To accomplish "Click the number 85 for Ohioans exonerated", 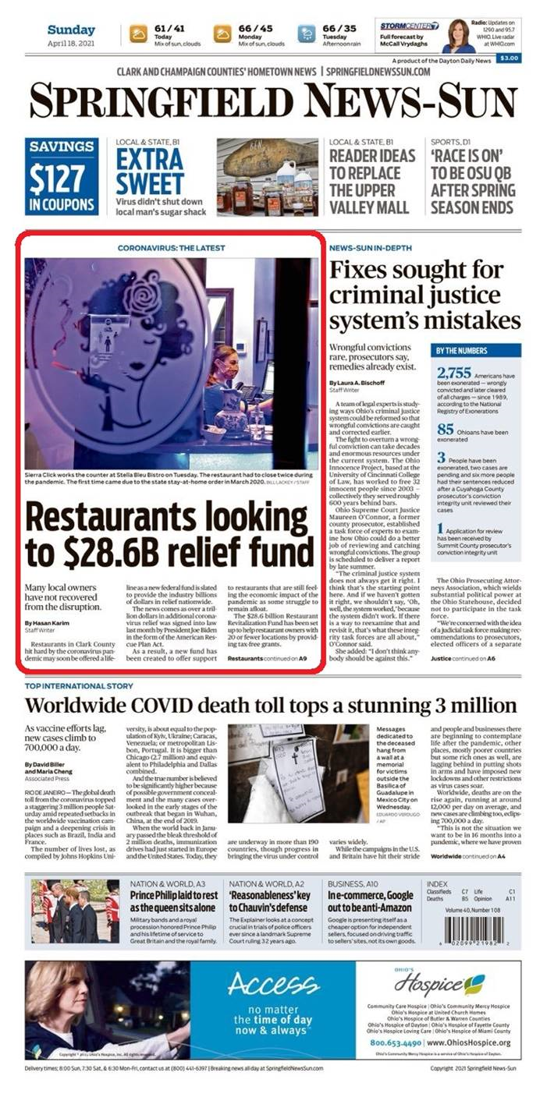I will [x=445, y=428].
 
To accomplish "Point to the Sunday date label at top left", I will [x=70, y=30].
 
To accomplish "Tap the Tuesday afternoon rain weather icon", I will [x=307, y=33].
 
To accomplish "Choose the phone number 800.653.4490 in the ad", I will [x=396, y=1042].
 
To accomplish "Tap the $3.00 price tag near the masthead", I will [x=509, y=57].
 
